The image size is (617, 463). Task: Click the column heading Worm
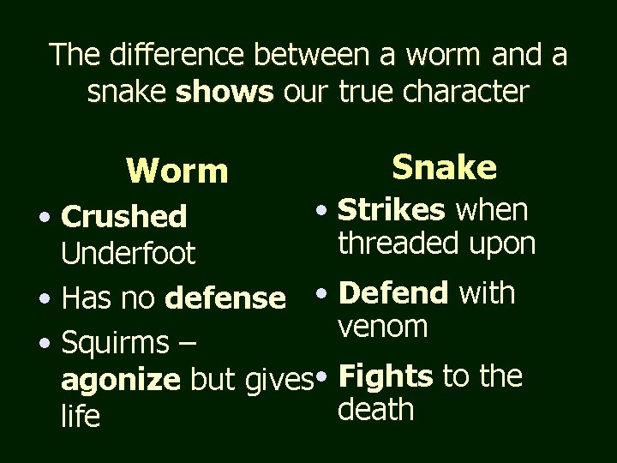(x=177, y=171)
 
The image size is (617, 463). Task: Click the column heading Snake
(x=444, y=167)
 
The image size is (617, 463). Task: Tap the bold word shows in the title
(x=225, y=92)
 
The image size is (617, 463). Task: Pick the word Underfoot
(x=129, y=254)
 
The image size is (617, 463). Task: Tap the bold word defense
(x=226, y=299)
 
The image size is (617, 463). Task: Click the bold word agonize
(x=121, y=380)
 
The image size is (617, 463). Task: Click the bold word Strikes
(x=392, y=210)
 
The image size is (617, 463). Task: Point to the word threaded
(x=401, y=244)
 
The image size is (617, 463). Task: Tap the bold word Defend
(x=393, y=293)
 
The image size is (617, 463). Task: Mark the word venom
(x=383, y=326)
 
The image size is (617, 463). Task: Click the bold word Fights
(x=386, y=376)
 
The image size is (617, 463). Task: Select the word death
(x=376, y=409)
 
